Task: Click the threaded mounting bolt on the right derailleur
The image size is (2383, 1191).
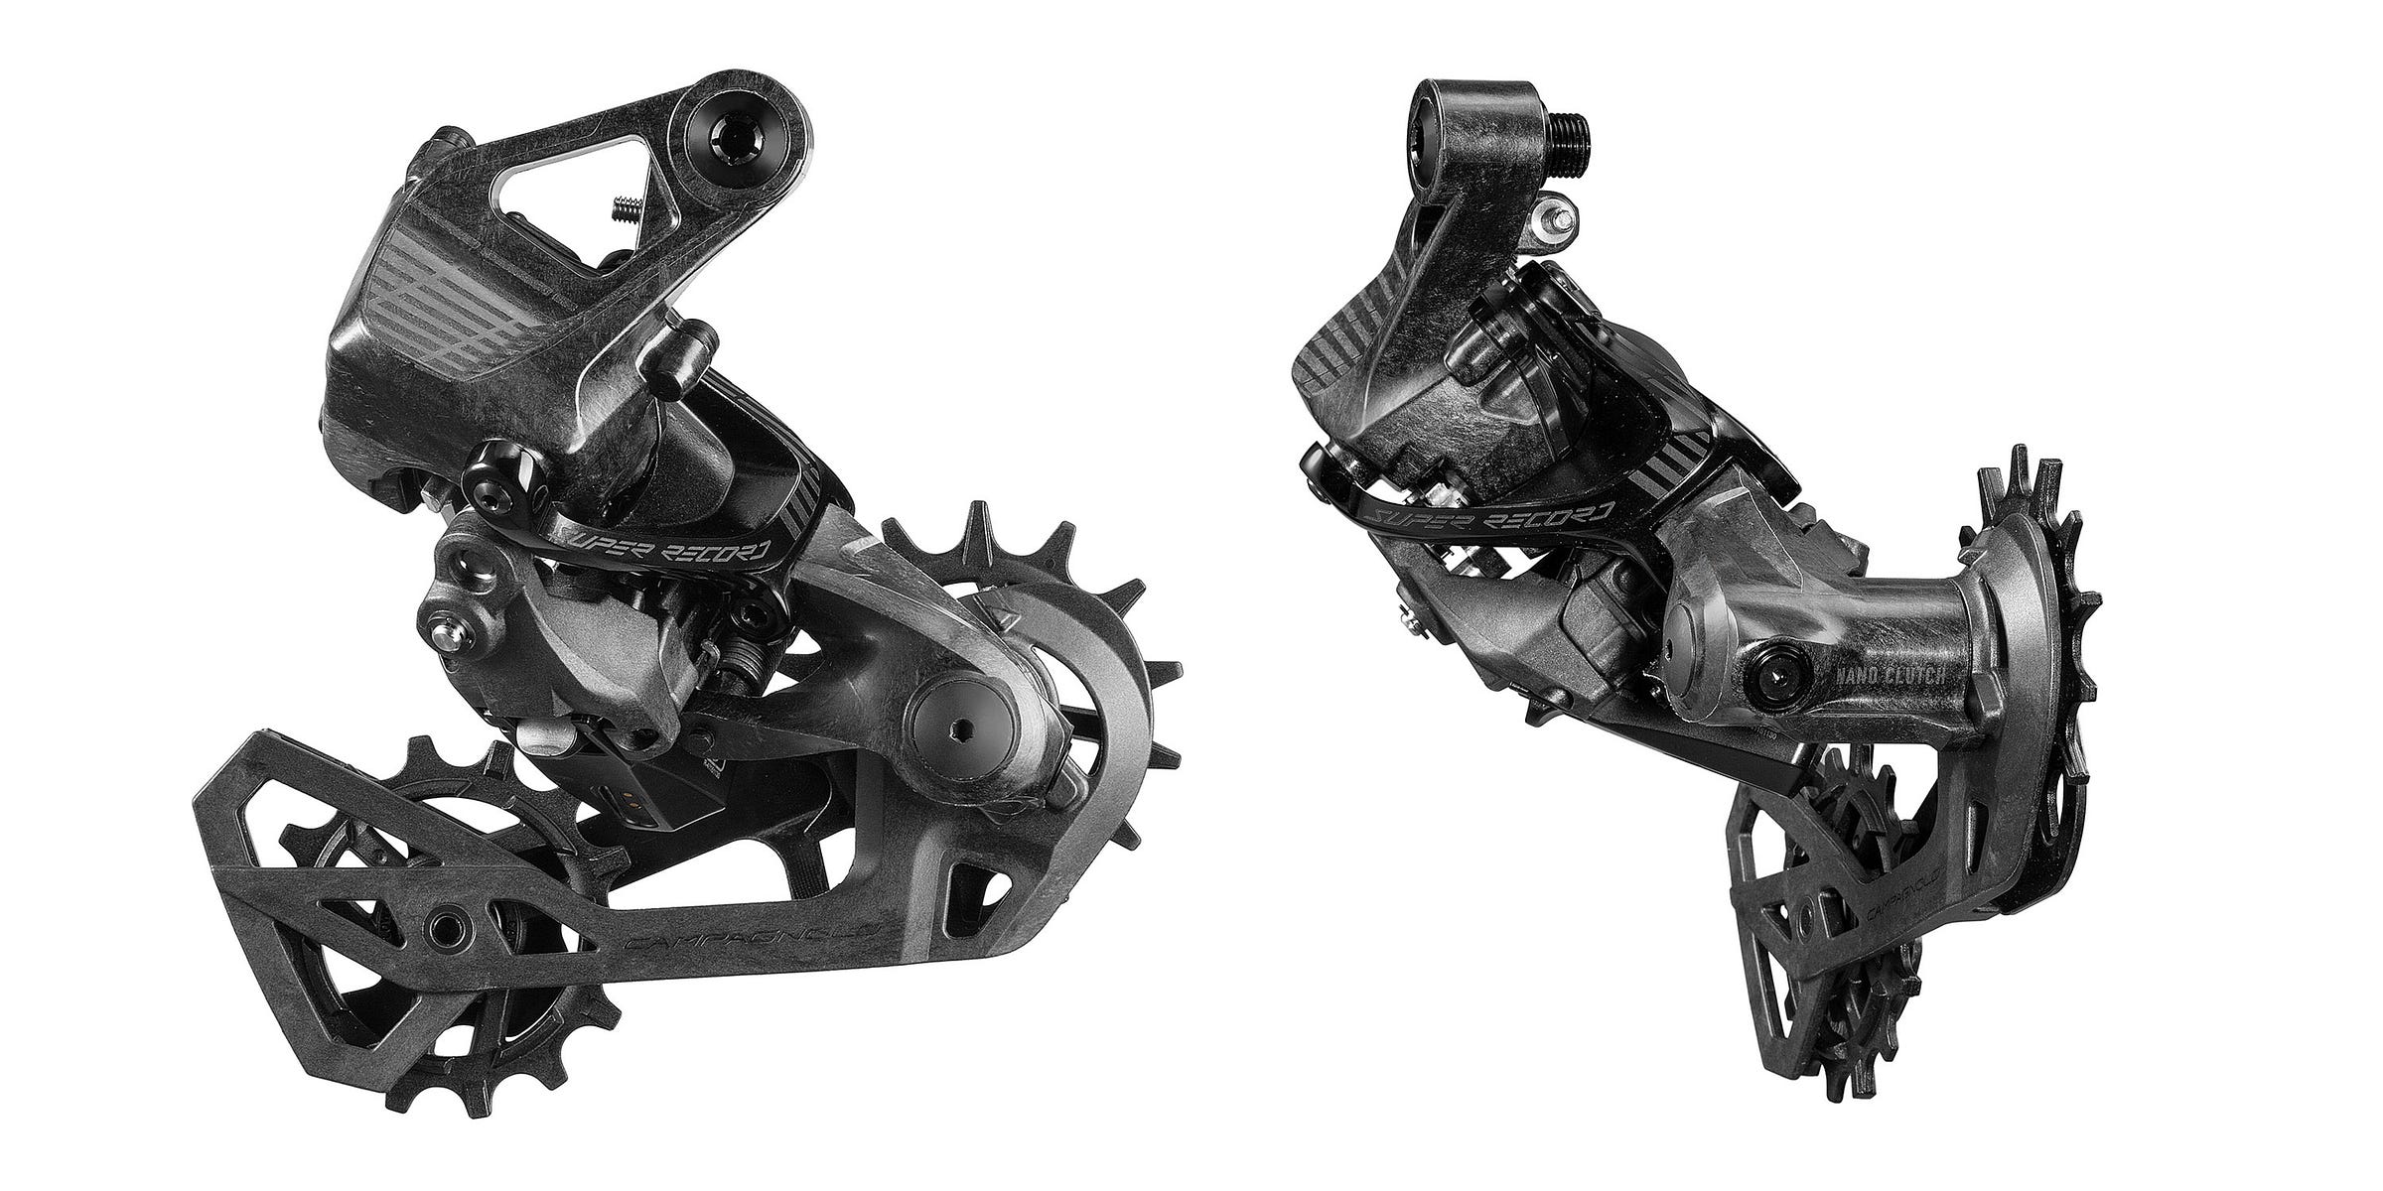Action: tap(1569, 127)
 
